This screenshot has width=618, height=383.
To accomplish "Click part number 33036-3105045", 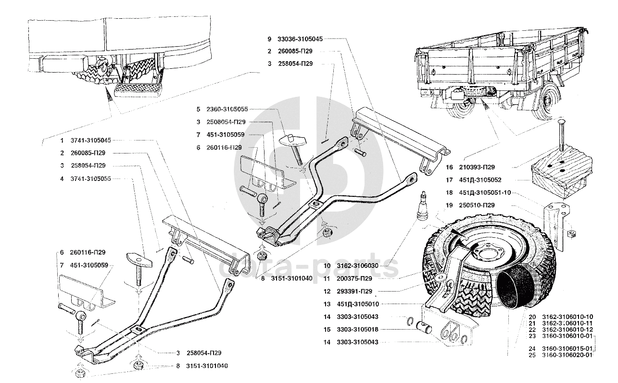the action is coord(300,39).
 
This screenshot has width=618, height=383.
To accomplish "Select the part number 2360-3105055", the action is coord(227,109).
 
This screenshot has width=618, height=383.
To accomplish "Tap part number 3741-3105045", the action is coord(91,140).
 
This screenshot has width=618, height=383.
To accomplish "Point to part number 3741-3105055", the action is coord(91,179).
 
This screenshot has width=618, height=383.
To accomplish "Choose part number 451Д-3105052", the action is coord(480,180).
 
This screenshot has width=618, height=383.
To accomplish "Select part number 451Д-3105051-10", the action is coord(485,192).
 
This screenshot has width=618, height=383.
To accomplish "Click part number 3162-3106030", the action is coord(357,266).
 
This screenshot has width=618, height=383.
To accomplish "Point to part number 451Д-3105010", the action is coord(358,304).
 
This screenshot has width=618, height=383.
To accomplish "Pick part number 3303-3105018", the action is coord(357,330).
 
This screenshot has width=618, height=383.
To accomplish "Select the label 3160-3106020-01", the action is coord(567,355).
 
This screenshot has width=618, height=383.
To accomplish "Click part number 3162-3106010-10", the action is coord(568,317).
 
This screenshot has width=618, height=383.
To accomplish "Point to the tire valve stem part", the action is coord(423,205).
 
